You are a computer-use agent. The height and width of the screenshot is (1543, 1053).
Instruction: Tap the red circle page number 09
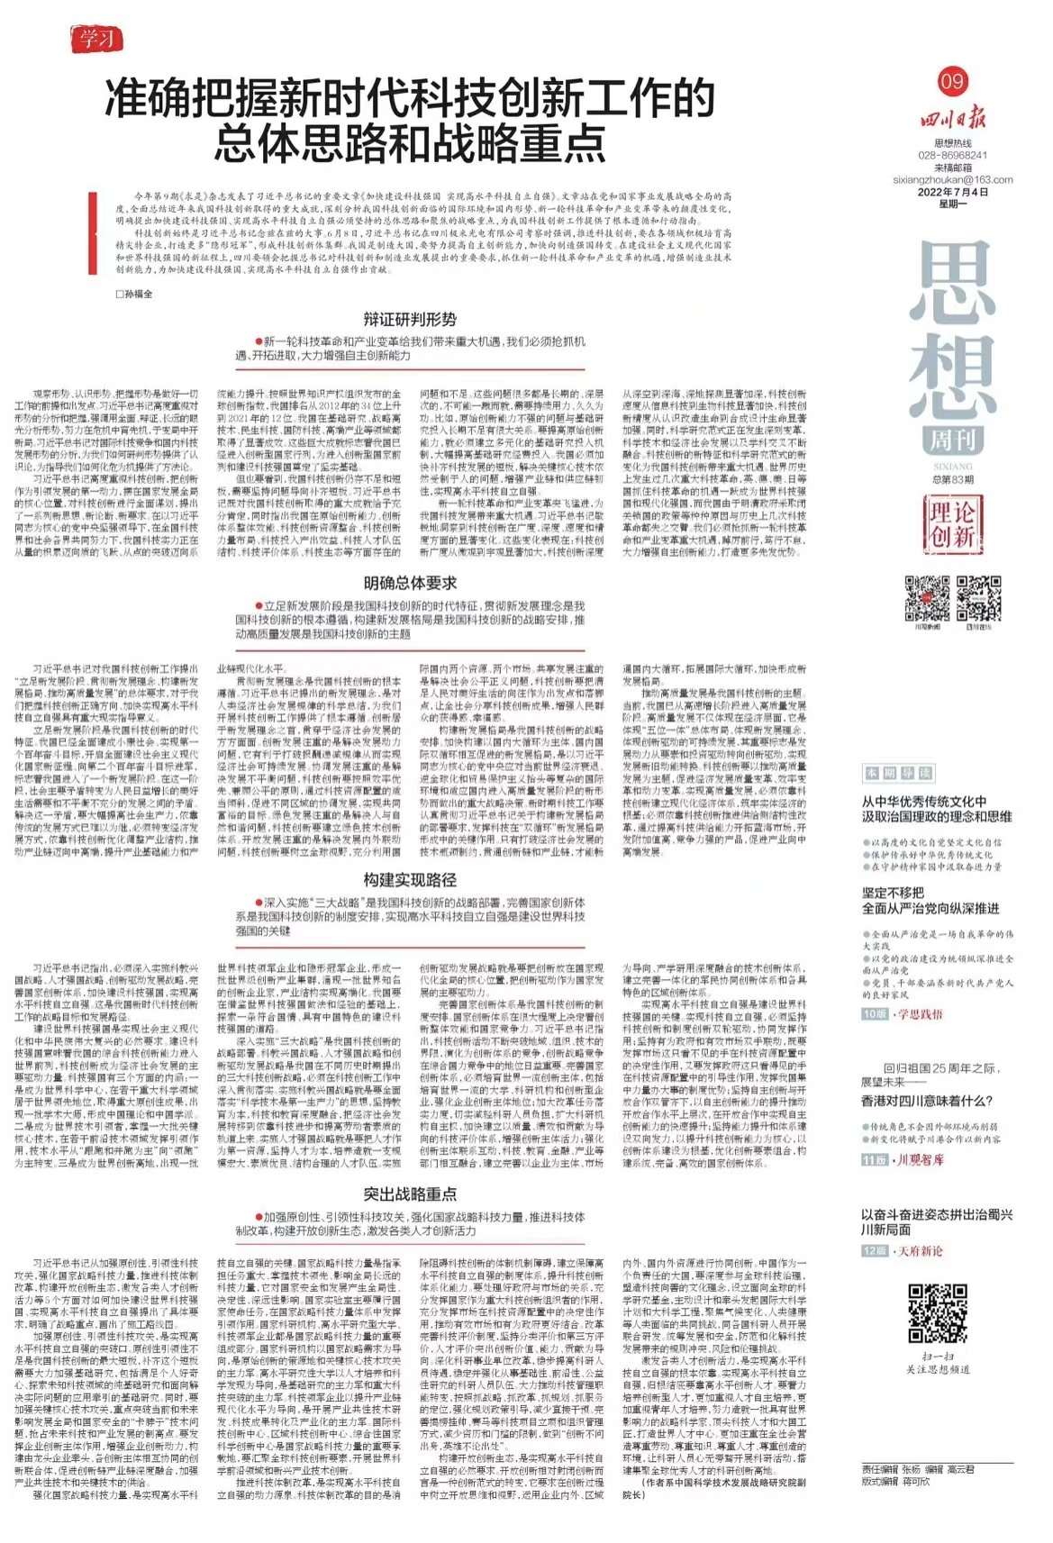pyautogui.click(x=952, y=82)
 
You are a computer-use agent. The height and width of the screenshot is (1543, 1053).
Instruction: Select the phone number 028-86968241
pyautogui.click(x=952, y=156)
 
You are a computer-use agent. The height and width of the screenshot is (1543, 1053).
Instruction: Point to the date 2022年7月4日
pyautogui.click(x=952, y=192)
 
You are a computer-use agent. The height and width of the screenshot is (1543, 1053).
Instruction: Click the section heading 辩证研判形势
pyautogui.click(x=410, y=319)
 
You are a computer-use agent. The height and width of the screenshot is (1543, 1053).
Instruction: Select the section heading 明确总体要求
pyautogui.click(x=410, y=583)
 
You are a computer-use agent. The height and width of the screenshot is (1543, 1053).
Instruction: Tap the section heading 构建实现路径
pyautogui.click(x=410, y=879)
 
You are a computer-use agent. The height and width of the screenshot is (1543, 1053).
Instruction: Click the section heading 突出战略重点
pyautogui.click(x=410, y=1194)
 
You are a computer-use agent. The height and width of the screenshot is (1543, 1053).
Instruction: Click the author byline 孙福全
pyautogui.click(x=134, y=294)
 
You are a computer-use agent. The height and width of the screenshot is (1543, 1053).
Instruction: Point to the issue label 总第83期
pyautogui.click(x=952, y=479)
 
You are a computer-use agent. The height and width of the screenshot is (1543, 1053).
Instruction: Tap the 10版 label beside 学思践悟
pyautogui.click(x=874, y=1014)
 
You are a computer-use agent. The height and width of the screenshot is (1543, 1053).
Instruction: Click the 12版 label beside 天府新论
pyautogui.click(x=874, y=1251)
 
